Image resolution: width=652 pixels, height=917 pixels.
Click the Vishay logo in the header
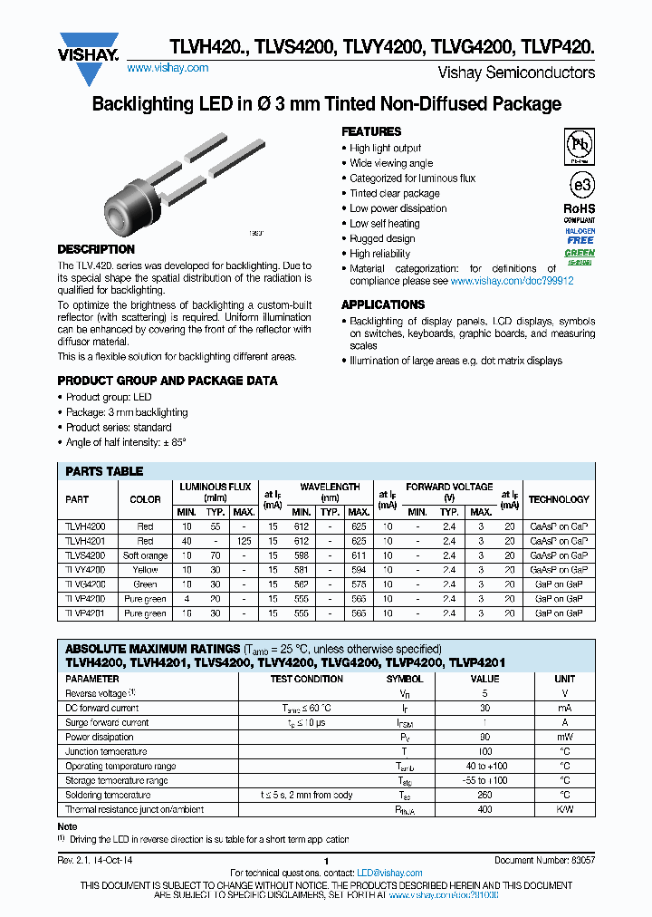(88, 45)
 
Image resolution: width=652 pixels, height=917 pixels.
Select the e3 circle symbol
(580, 184)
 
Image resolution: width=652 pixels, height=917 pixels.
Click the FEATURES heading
(371, 131)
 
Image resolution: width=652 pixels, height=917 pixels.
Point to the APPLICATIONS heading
(383, 304)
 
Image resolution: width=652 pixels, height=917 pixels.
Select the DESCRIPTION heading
(96, 249)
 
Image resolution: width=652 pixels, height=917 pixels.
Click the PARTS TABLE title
(104, 471)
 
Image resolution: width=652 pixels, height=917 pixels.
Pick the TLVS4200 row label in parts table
(85, 555)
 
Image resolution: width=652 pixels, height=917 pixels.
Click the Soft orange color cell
(145, 555)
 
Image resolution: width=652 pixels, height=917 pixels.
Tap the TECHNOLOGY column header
(559, 499)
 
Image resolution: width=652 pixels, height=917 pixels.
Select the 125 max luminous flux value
(243, 541)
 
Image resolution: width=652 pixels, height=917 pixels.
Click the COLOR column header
(145, 499)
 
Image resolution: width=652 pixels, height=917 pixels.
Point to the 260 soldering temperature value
(485, 795)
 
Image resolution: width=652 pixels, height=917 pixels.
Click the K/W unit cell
(564, 809)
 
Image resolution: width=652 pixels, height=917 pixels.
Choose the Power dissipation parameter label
(100, 737)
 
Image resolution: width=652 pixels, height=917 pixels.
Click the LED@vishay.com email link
(390, 873)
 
